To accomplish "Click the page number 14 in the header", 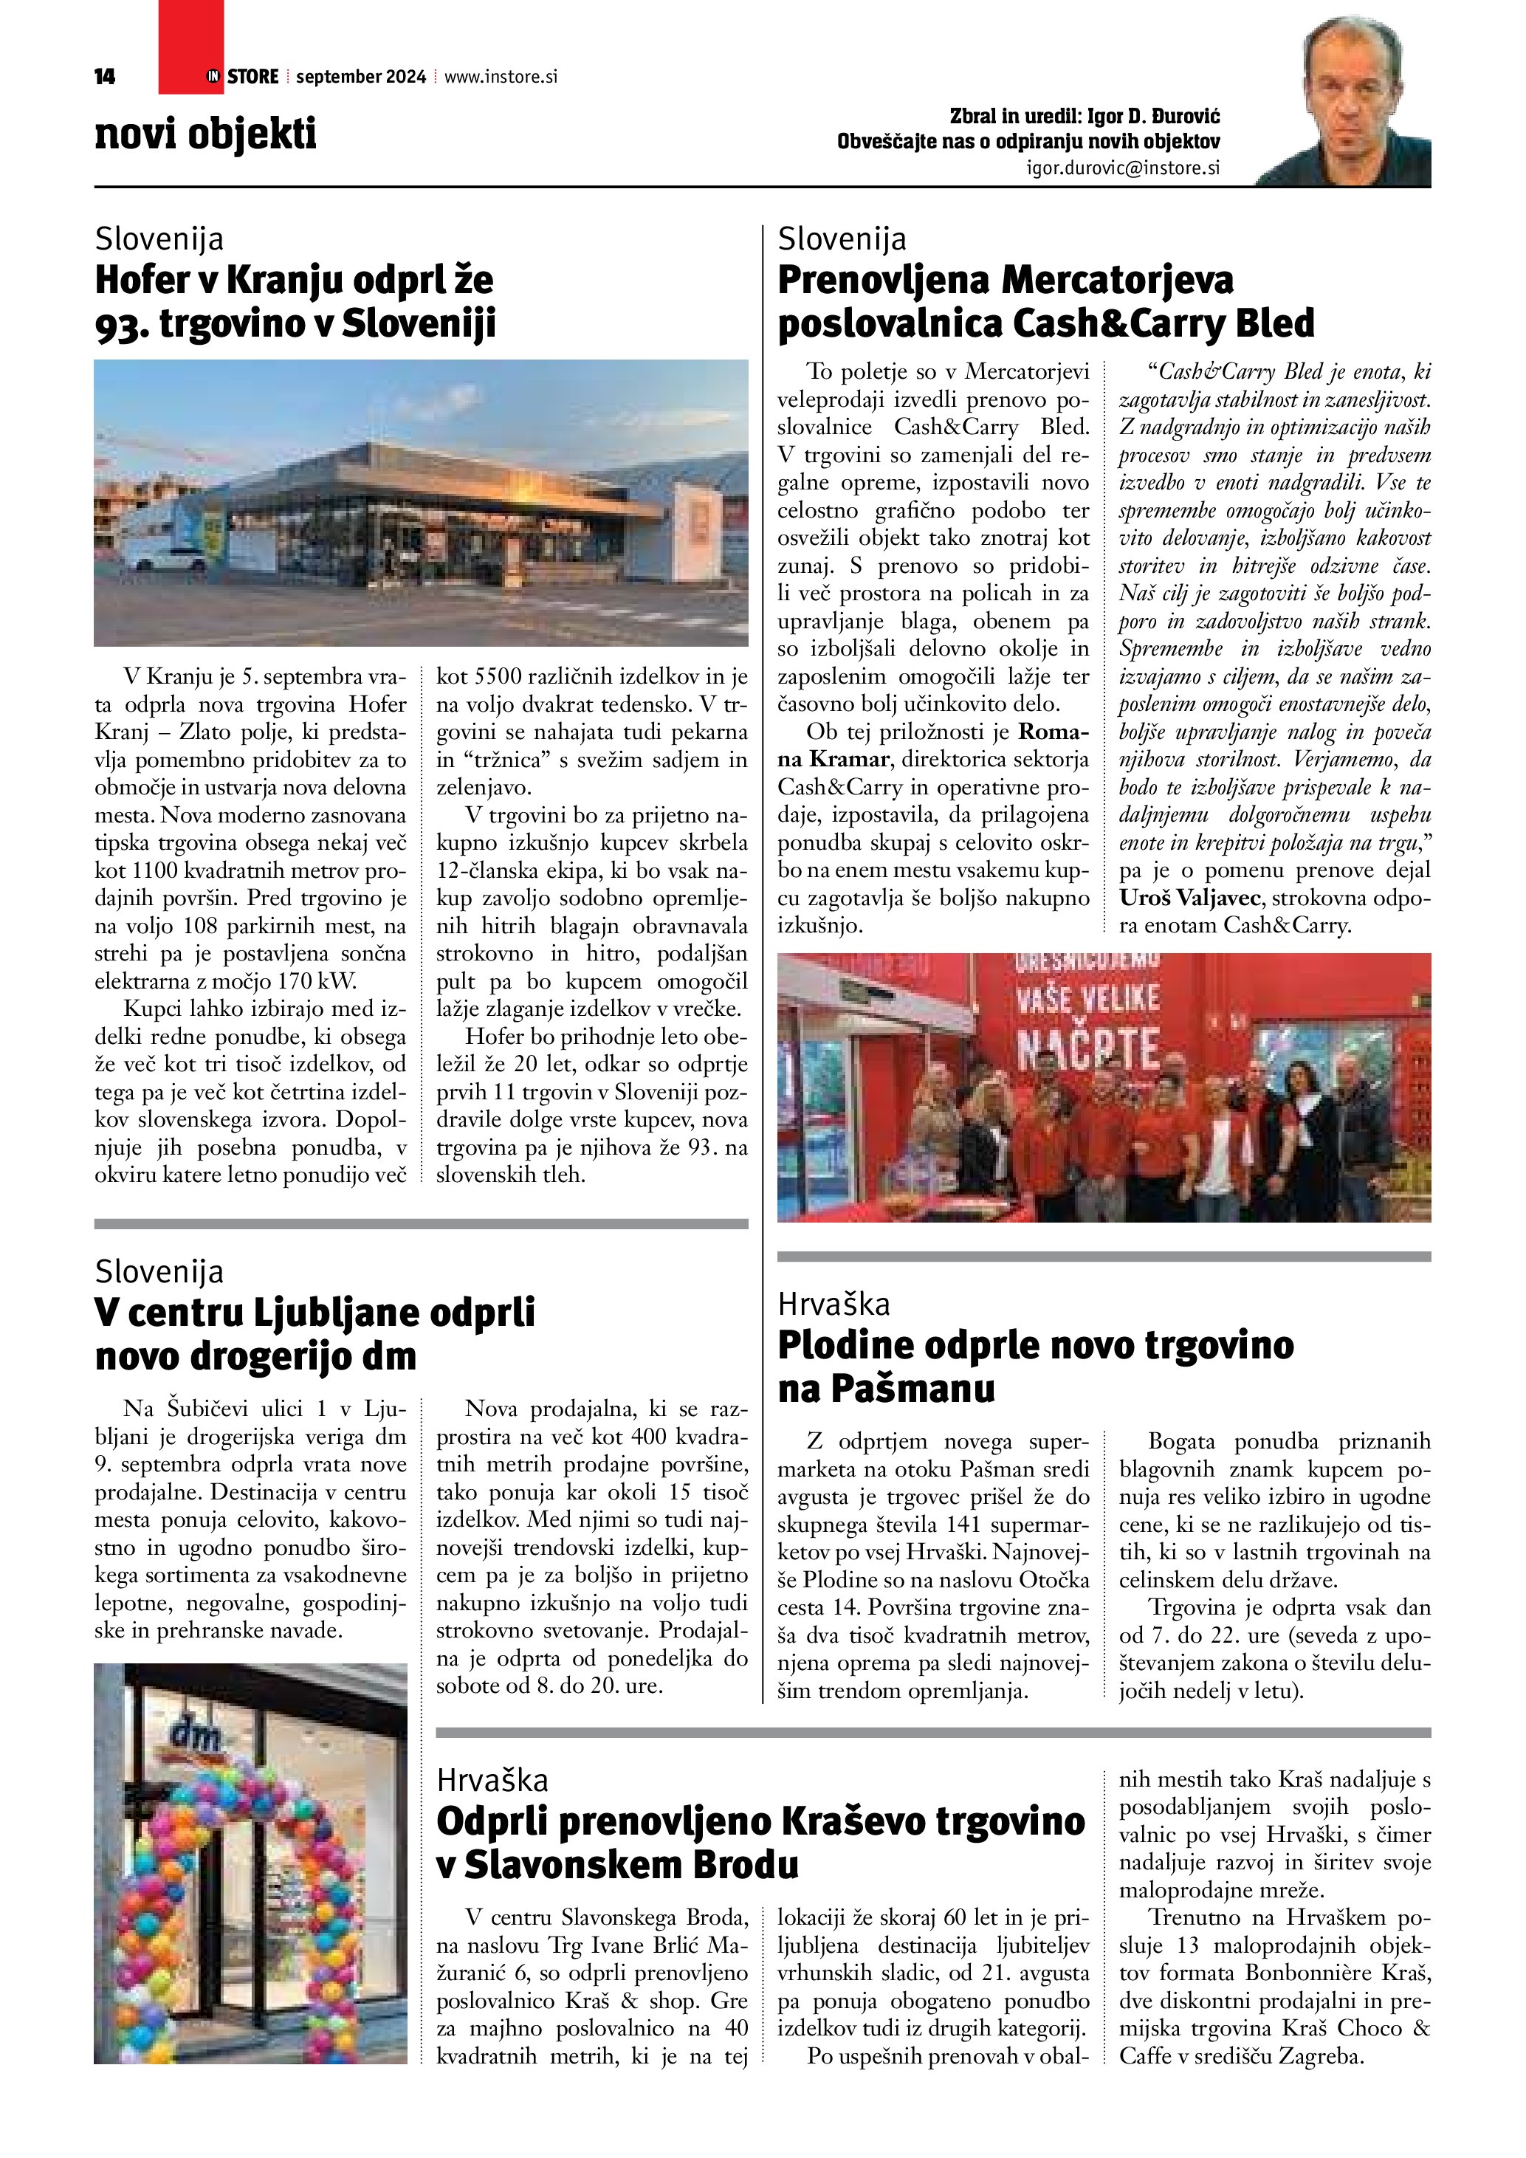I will pyautogui.click(x=104, y=77).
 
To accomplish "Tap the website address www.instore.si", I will pyautogui.click(x=500, y=77).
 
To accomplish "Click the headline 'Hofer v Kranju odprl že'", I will pyautogui.click(x=293, y=280).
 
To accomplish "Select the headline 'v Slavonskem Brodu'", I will pyautogui.click(x=617, y=1865).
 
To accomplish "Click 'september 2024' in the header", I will pyautogui.click(x=360, y=77).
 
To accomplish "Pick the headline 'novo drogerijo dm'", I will pyautogui.click(x=255, y=1355).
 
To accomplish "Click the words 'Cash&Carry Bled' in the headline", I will pyautogui.click(x=1164, y=323).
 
